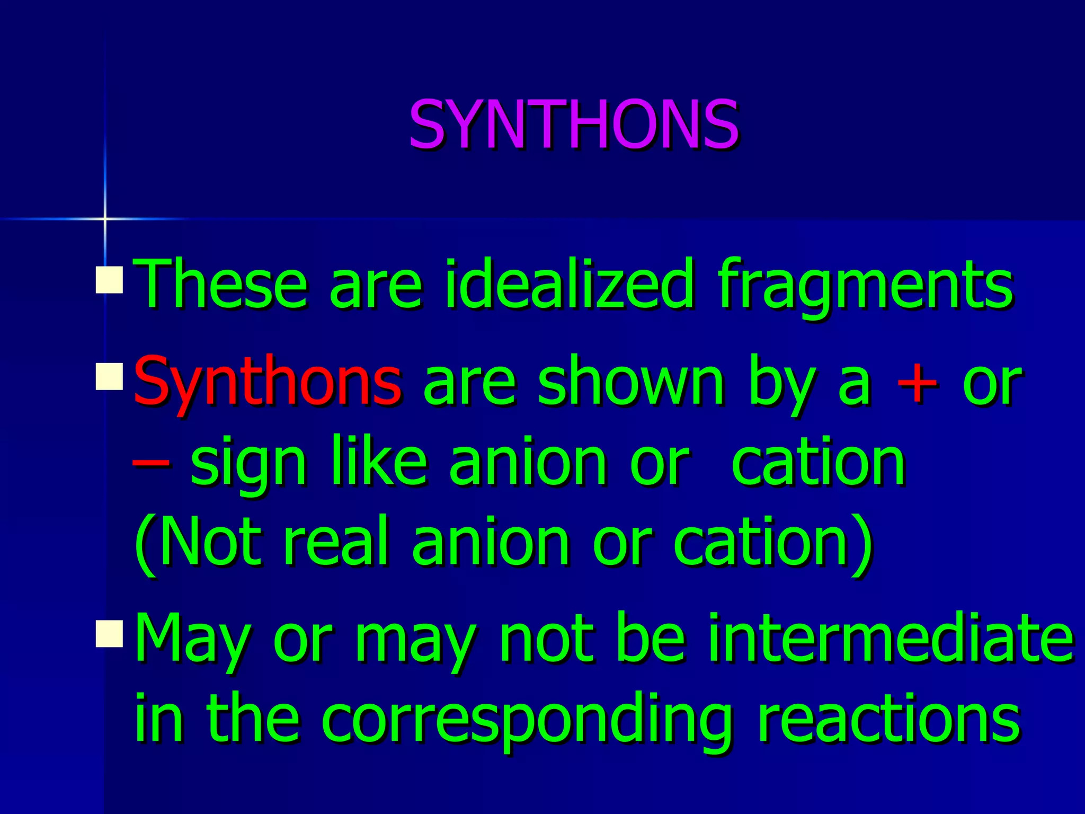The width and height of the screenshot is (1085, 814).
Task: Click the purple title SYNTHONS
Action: tap(573, 125)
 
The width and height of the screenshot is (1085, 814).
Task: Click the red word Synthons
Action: tap(268, 382)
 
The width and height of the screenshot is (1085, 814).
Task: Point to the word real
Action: tap(337, 542)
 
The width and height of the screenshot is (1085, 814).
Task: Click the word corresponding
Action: tap(526, 721)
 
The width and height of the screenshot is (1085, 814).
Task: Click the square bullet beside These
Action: tap(109, 280)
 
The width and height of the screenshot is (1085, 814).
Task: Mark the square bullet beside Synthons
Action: tap(109, 376)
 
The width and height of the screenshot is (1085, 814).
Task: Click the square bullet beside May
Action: tap(109, 634)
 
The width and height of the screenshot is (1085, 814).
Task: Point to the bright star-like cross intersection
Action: tap(105, 218)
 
